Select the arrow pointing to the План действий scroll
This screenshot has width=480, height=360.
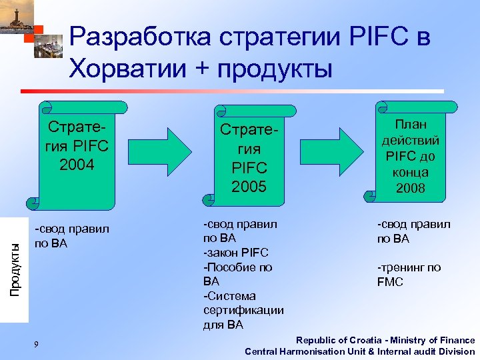(x=341, y=151)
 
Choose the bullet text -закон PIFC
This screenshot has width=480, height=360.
(x=236, y=253)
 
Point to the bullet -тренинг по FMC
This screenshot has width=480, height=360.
(x=409, y=274)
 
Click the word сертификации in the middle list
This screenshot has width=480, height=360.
(x=243, y=310)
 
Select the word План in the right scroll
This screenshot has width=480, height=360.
(x=411, y=125)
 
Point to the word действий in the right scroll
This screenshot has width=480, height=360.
(x=411, y=141)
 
